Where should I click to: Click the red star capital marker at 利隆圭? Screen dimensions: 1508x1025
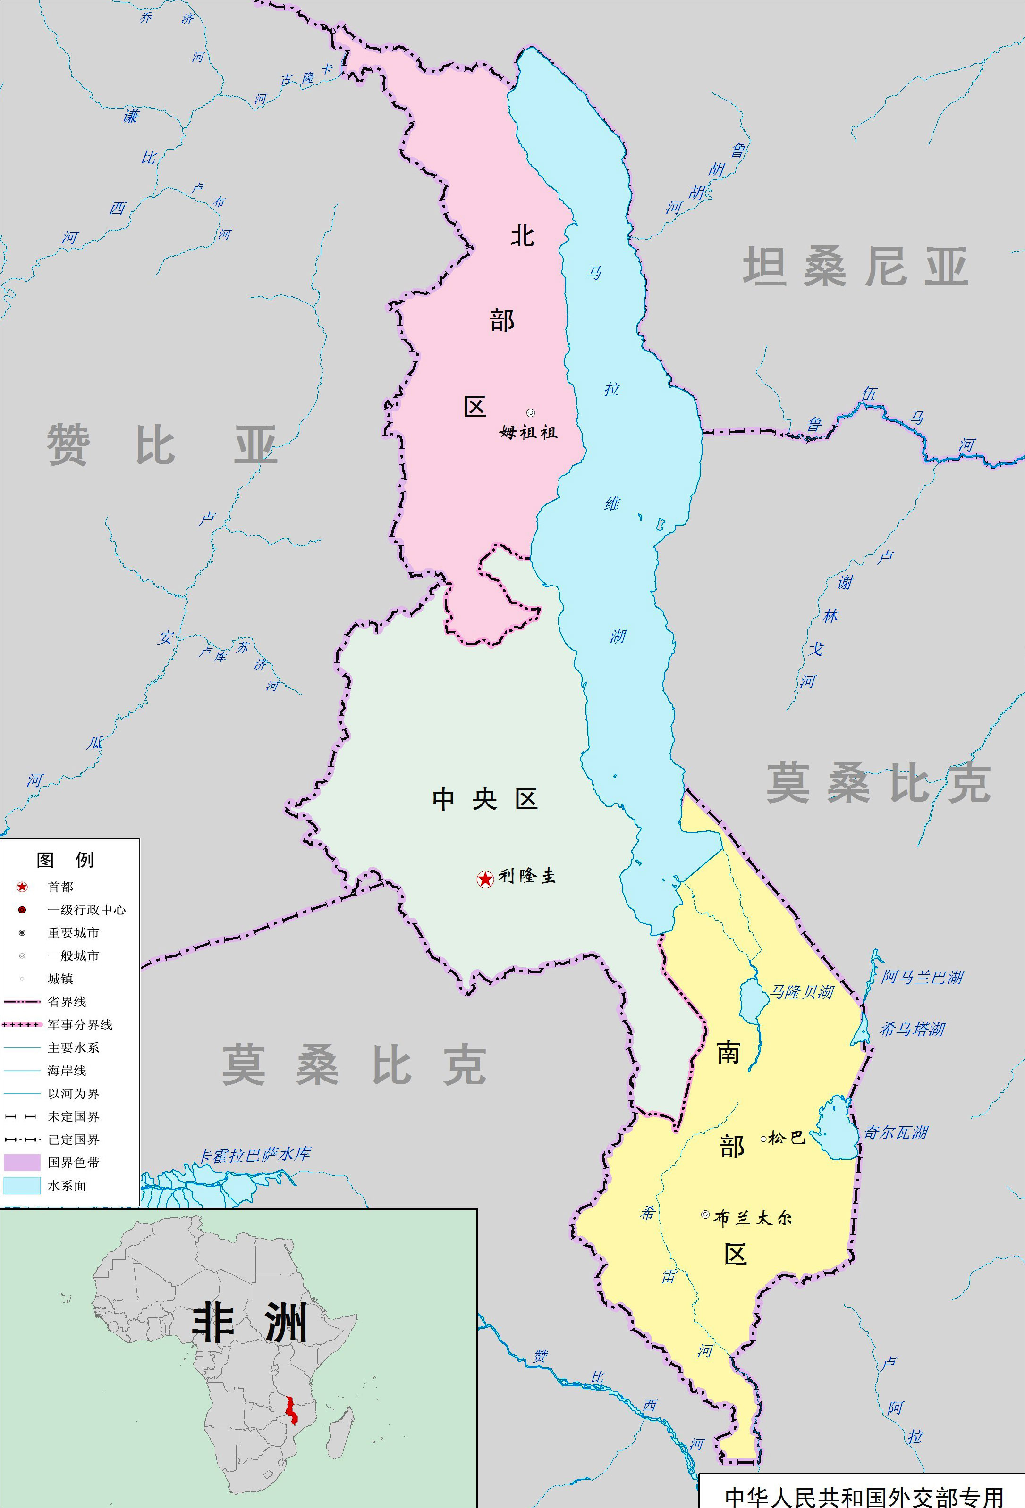tap(485, 879)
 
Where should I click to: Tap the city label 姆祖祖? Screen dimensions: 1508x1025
tap(528, 432)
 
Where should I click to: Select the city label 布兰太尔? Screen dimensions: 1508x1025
tap(753, 1218)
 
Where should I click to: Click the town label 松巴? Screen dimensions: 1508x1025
tap(787, 1138)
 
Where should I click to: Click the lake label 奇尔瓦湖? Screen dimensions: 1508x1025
tap(895, 1133)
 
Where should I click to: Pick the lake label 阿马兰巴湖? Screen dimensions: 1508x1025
tap(922, 977)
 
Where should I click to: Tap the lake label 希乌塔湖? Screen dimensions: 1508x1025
tap(912, 1029)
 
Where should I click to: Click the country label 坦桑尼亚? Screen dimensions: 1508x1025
tap(855, 266)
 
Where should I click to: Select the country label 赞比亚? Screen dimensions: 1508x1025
tap(162, 445)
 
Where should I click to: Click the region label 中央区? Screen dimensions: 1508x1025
tap(485, 799)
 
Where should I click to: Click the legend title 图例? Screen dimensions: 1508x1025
tap(65, 861)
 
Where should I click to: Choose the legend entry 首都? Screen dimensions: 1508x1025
tap(60, 887)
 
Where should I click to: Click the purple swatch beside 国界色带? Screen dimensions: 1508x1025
tap(22, 1163)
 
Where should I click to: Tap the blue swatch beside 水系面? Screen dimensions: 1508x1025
tap(22, 1186)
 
